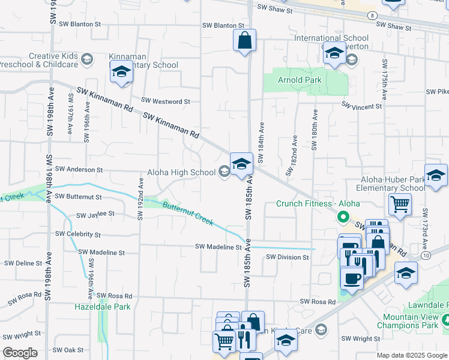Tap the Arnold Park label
tap(300, 80)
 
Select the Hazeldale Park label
tap(102, 307)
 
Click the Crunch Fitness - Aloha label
tap(318, 203)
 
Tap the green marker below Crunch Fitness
tap(343, 216)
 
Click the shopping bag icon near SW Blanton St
tap(244, 41)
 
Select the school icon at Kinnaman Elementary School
tap(122, 73)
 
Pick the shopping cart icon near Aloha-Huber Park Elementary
tap(399, 203)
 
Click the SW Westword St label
tap(165, 101)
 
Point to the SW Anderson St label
tap(79, 170)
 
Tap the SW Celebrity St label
tap(78, 234)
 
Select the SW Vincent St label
tap(362, 106)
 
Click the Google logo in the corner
tap(20, 352)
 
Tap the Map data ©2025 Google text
tap(412, 355)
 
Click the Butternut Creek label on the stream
tap(188, 213)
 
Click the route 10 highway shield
tap(442, 256)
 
